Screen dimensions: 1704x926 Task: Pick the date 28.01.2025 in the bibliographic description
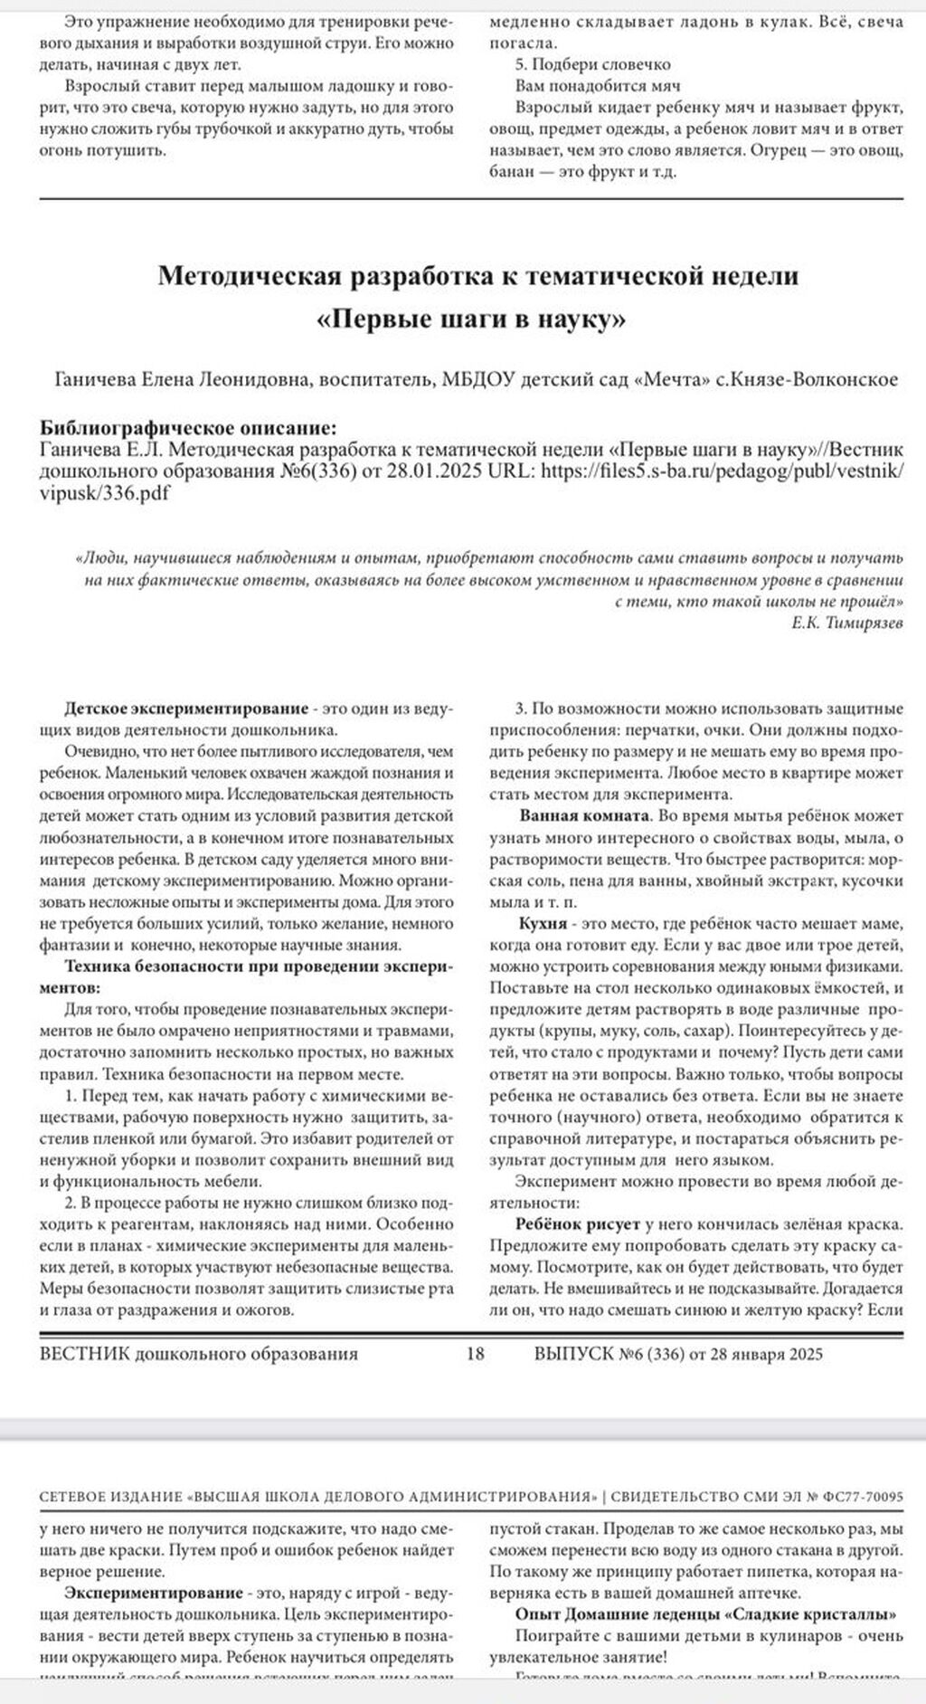[x=437, y=471]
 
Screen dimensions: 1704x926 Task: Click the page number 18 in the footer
[x=476, y=1354]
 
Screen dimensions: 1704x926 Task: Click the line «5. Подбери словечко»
[x=592, y=64]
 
